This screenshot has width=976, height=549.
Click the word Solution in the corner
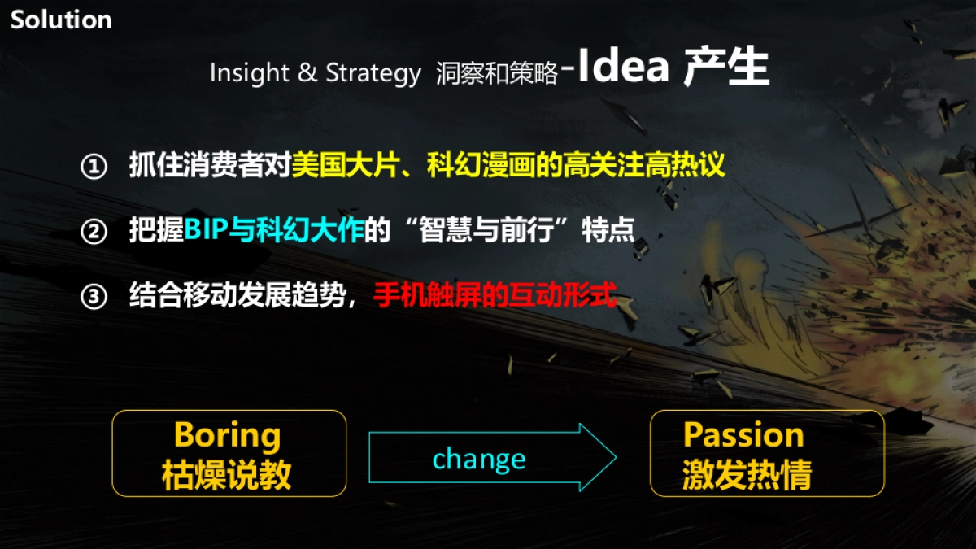pos(61,20)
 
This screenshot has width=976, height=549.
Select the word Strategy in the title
pos(373,73)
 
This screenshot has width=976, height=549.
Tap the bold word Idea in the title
pos(624,68)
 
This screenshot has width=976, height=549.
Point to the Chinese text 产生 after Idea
pos(725,68)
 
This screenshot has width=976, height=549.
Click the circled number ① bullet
pos(94,168)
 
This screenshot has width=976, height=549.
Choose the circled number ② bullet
pos(94,233)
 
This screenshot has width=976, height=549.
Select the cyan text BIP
pos(205,231)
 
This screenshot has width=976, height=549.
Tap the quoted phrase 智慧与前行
pos(484,231)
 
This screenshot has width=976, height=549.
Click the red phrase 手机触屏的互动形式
pos(495,296)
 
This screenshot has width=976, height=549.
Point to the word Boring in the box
pos(227,435)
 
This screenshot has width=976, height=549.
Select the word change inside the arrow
pos(479,460)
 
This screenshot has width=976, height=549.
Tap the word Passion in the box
pos(743,435)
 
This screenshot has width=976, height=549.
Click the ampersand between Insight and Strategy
pos(307,73)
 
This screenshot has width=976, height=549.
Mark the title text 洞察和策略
pos(496,74)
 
